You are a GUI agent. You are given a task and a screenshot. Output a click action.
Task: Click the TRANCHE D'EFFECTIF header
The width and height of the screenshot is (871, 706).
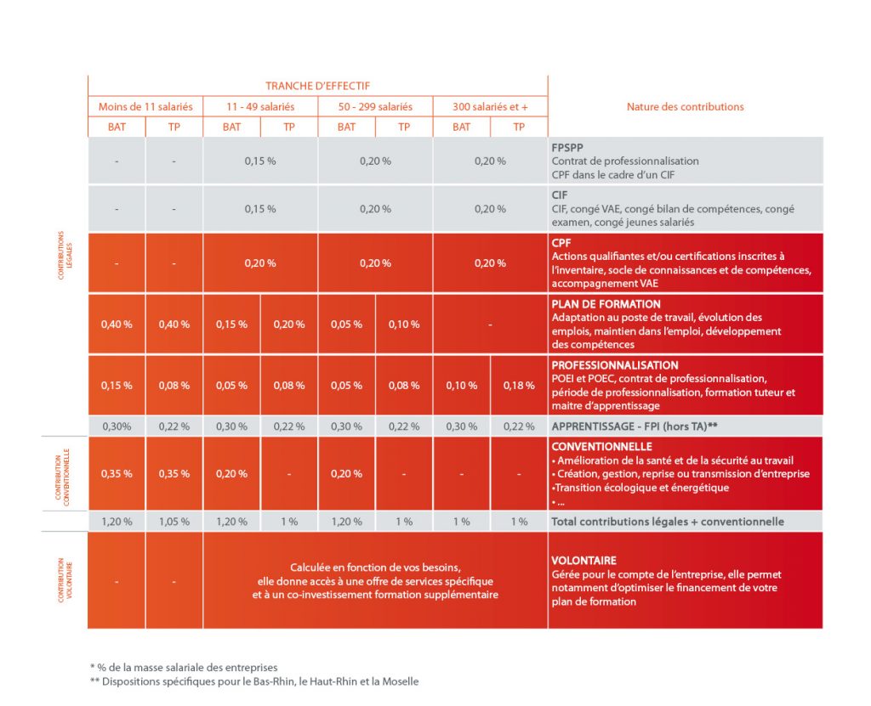pyautogui.click(x=317, y=86)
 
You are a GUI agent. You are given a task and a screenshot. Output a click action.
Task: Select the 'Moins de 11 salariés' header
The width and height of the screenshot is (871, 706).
pyautogui.click(x=145, y=107)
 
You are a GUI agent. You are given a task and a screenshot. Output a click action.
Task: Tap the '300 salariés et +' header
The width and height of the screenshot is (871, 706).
pyautogui.click(x=490, y=107)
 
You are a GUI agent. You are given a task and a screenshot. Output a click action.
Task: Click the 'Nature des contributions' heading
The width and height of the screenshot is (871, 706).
pyautogui.click(x=685, y=107)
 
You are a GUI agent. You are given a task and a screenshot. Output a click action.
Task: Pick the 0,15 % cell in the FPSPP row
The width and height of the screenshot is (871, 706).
pyautogui.click(x=260, y=161)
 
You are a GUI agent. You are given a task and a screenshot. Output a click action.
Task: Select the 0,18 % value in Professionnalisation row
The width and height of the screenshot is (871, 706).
pyautogui.click(x=519, y=386)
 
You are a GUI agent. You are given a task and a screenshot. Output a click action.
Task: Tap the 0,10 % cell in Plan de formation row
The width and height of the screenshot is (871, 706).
pyautogui.click(x=404, y=325)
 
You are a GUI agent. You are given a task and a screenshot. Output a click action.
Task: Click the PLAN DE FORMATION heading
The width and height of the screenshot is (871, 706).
pyautogui.click(x=606, y=304)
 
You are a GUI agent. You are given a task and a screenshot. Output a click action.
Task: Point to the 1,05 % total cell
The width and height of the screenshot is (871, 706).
pyautogui.click(x=174, y=522)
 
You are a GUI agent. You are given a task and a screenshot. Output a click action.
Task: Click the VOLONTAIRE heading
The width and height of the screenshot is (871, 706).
pyautogui.click(x=584, y=561)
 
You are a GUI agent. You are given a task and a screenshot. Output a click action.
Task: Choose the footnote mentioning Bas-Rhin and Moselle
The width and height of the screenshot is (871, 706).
pyautogui.click(x=253, y=681)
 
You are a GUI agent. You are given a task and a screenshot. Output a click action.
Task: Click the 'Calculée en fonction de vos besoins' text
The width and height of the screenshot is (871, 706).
pyautogui.click(x=375, y=567)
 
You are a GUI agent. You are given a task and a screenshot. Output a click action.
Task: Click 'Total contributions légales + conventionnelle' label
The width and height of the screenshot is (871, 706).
pyautogui.click(x=668, y=522)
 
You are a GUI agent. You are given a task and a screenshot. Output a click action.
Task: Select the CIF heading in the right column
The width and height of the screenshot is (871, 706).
pyautogui.click(x=560, y=194)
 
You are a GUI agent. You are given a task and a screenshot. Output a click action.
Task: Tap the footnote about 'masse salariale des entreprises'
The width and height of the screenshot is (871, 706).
pyautogui.click(x=184, y=667)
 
